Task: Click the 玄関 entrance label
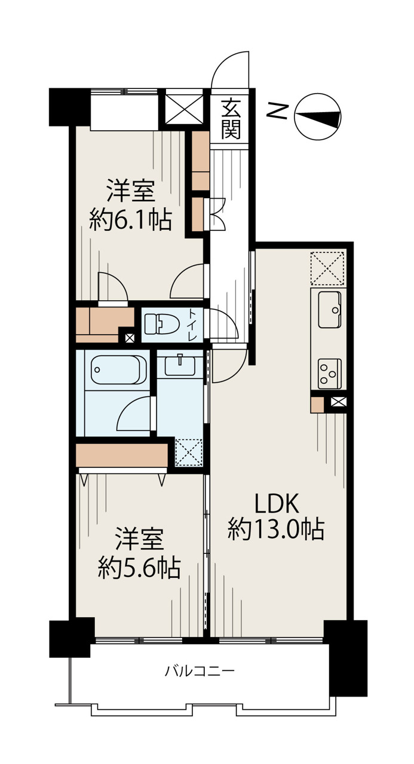pos(231,119)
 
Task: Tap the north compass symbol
pos(317,116)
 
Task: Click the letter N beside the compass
pos(277,111)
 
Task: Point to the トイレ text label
pos(192,324)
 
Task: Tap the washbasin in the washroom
pos(180,365)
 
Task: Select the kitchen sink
pos(330,309)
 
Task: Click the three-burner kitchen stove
pos(330,374)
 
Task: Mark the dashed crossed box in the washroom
pos(188,452)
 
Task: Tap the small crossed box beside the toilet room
pos(130,338)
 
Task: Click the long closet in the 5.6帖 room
pos(122,455)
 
